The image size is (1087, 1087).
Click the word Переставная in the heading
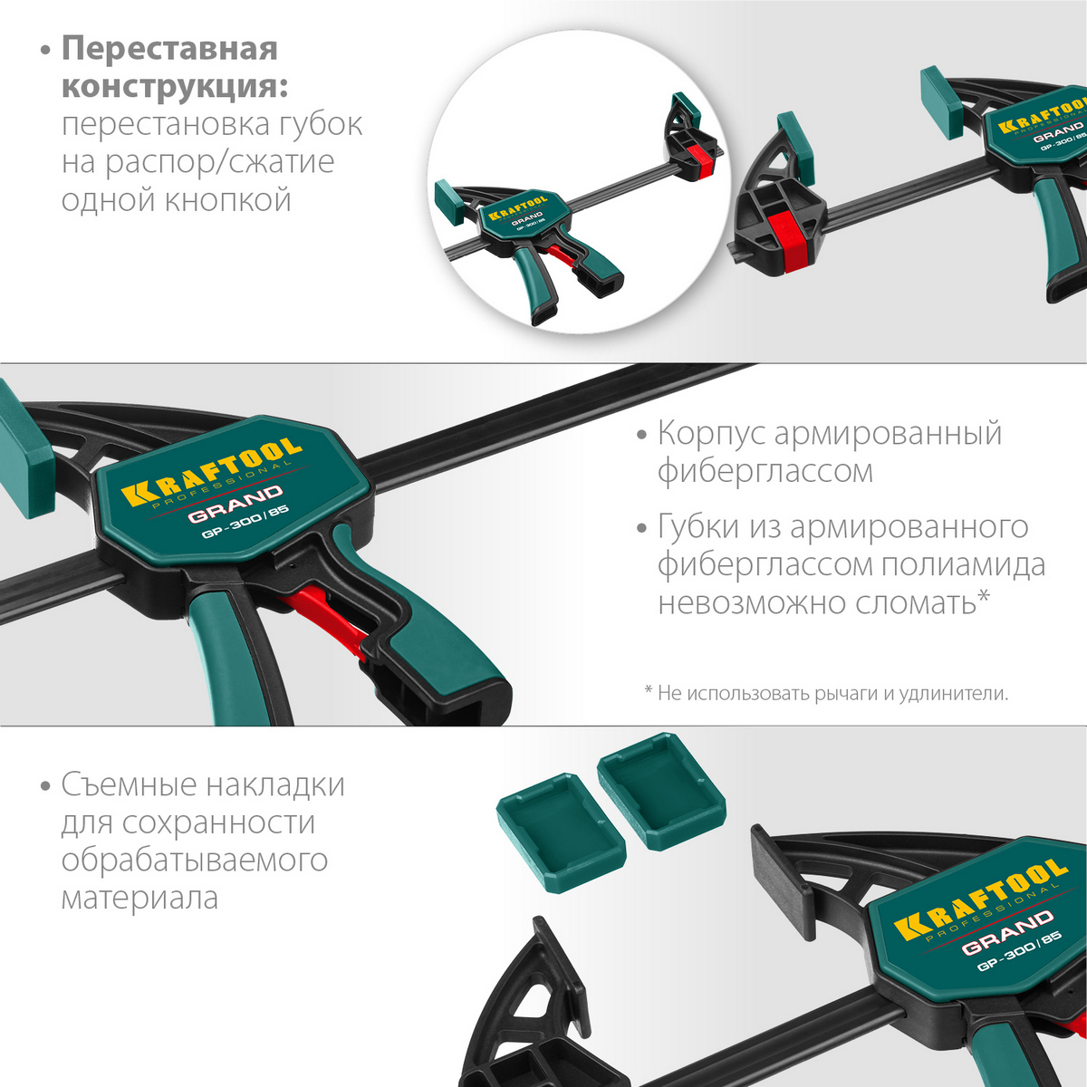169,49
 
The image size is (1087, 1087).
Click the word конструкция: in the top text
175,88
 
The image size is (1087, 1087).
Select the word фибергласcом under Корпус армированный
765,471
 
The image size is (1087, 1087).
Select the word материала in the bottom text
139,898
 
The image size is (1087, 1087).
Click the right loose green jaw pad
661,791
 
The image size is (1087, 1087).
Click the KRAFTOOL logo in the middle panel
212,471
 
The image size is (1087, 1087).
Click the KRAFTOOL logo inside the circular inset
517,208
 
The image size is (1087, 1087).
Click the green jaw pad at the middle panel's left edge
25,448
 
